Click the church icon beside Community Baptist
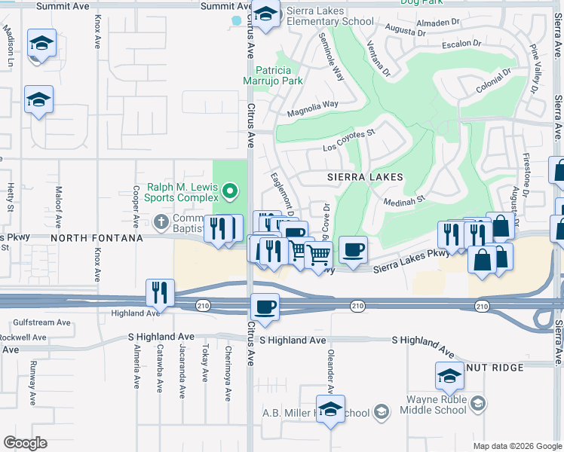[x=160, y=221]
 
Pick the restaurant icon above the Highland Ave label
[x=160, y=290]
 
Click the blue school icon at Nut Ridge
[x=449, y=374]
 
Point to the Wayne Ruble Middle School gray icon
[x=477, y=405]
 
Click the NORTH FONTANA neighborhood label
[x=97, y=238]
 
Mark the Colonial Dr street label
[x=493, y=81]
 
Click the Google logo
[x=25, y=443]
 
